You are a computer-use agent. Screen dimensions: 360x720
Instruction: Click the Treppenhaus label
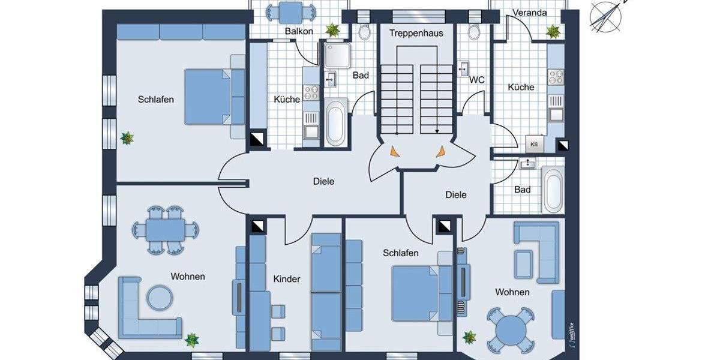tap(416, 33)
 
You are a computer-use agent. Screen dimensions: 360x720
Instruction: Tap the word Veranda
tap(530, 13)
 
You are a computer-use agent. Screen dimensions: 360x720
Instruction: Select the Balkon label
tap(299, 31)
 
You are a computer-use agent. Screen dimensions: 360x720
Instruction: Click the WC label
tap(476, 79)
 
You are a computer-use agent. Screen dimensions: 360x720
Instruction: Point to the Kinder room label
tap(286, 279)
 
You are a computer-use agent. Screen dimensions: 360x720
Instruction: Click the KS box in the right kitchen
tap(533, 145)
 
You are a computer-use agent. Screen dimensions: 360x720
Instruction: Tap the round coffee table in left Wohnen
tap(160, 297)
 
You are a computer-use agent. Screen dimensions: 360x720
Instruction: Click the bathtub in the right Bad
tap(553, 190)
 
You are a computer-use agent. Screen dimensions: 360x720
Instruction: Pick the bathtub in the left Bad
tap(336, 122)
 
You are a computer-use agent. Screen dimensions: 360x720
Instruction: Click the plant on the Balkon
tap(331, 29)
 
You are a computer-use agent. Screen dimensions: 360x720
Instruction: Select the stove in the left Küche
tap(311, 93)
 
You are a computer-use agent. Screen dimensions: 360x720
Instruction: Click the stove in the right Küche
tap(556, 77)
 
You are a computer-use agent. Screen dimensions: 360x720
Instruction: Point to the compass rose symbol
tap(606, 15)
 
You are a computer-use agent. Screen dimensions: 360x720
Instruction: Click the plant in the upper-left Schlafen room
tap(127, 139)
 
